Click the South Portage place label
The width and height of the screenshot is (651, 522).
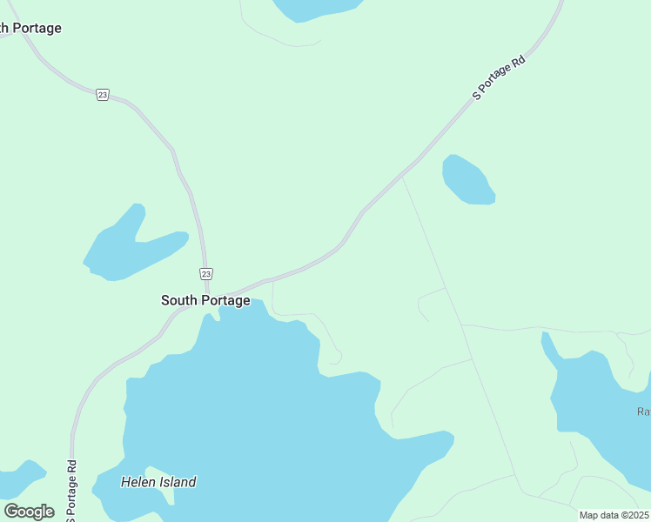click(x=205, y=300)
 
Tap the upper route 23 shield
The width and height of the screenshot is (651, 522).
click(x=103, y=95)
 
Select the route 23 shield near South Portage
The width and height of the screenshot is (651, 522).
click(x=205, y=273)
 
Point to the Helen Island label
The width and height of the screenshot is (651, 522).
click(x=158, y=482)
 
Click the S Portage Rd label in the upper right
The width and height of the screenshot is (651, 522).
click(x=500, y=79)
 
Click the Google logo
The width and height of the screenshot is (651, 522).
click(x=29, y=511)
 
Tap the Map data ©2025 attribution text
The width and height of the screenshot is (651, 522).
click(x=614, y=515)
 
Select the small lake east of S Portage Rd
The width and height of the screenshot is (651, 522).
click(x=467, y=181)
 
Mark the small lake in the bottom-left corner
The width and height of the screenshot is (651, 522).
click(x=19, y=479)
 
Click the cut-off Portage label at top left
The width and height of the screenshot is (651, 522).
click(x=30, y=28)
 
